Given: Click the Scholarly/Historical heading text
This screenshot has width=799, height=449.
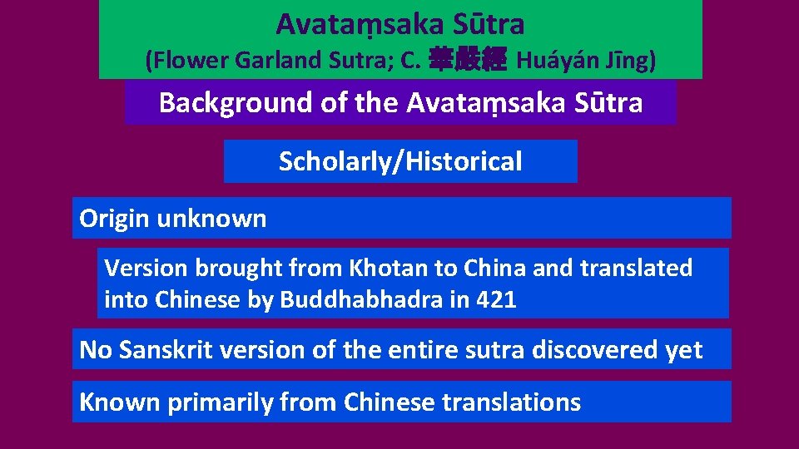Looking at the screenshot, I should (x=400, y=161).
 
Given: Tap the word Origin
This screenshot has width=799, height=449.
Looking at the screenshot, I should (x=114, y=219).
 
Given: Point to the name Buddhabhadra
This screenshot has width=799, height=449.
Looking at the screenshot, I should (x=361, y=299).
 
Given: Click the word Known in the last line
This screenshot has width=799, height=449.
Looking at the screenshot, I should (x=120, y=402).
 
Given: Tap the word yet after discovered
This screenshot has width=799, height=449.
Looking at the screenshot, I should (x=684, y=350).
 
